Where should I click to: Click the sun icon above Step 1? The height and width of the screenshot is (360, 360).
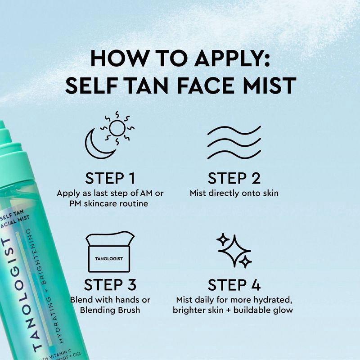[117, 129]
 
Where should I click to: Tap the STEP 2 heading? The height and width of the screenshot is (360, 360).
[234, 178]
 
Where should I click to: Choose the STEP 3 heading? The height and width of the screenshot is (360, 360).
[110, 285]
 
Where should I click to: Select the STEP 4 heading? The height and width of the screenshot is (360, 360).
[234, 285]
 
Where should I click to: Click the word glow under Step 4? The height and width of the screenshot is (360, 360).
[283, 310]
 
